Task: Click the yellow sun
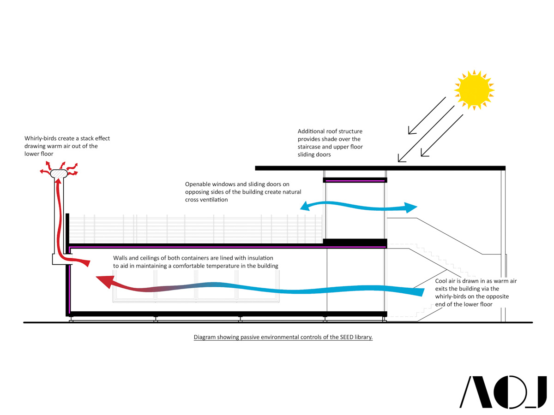point(474,89)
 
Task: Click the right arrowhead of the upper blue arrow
point(410,208)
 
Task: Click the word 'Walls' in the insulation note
point(120,258)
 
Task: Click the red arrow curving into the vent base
point(78,262)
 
